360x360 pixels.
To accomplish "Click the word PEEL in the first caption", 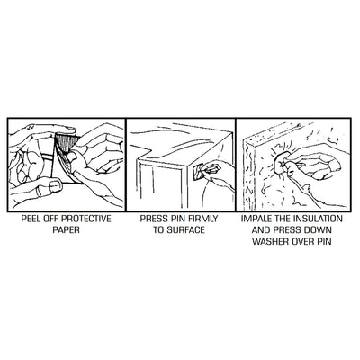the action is coord(31,219).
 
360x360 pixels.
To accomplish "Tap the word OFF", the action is coord(51,219).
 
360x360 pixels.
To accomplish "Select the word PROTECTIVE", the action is coord(86,219).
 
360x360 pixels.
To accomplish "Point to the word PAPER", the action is coord(66,230).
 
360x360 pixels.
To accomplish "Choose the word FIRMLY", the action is coord(202,219).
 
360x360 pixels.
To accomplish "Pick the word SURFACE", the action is coord(185,230).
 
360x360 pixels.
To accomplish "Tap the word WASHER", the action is coord(269,241).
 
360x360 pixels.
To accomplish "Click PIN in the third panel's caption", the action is coord(324,241).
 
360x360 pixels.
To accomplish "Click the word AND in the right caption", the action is coord(260,230).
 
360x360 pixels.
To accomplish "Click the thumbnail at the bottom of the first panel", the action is coord(56,186).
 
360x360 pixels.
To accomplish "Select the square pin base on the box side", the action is coord(197,172).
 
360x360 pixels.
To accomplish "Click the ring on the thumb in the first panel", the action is coord(39,192).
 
